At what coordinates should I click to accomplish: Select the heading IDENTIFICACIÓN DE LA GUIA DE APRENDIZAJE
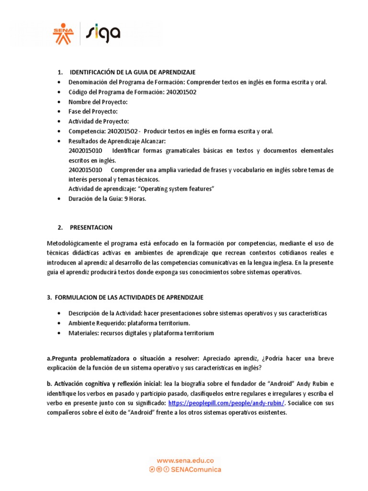pos(132,72)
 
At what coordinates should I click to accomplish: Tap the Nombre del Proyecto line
pos(98,102)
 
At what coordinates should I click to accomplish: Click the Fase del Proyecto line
pos(92,111)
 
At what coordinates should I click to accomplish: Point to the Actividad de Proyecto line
pos(99,121)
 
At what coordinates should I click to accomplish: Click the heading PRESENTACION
pos(91,227)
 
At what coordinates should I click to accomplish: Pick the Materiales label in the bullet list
pos(84,333)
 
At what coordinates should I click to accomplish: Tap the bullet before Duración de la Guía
pos(58,199)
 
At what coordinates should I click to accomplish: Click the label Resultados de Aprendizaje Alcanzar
pos(117,141)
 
